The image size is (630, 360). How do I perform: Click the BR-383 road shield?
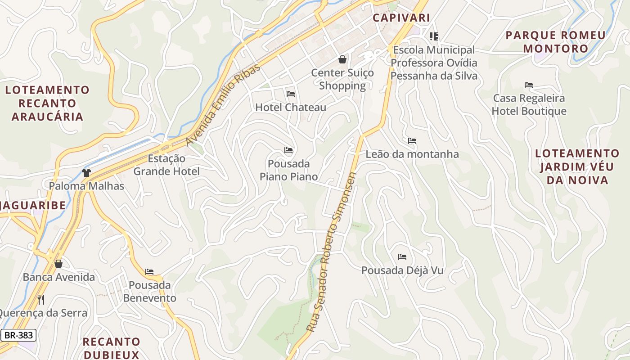[18, 335]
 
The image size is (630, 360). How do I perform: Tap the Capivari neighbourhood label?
[401, 18]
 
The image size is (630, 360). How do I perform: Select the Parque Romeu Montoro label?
[556, 42]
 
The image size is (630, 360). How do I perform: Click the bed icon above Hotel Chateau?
[291, 94]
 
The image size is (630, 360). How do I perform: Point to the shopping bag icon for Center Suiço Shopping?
[342, 59]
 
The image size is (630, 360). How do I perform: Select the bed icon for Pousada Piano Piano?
[288, 150]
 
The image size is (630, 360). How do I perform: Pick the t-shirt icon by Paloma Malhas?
[86, 172]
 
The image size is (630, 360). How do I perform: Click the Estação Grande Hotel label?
[166, 165]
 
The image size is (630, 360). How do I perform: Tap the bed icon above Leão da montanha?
[412, 141]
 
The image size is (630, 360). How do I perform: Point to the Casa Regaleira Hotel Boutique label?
[529, 105]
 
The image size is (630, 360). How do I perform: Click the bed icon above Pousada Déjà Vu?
[402, 257]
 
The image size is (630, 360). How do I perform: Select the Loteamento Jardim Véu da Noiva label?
[577, 167]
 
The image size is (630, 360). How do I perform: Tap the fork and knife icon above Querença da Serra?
[41, 300]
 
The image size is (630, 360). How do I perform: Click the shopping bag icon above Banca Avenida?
[58, 264]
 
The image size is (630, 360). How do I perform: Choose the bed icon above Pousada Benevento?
[149, 272]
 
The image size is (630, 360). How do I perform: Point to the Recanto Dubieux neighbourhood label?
[112, 348]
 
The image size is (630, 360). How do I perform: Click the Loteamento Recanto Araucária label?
[47, 103]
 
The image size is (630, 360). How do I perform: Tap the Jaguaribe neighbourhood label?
[32, 206]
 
